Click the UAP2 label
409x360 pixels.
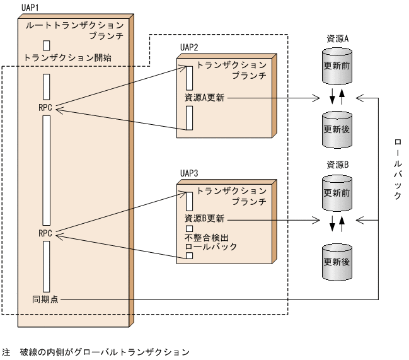click(x=188, y=47)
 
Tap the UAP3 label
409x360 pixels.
click(x=188, y=172)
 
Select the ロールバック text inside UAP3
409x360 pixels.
click(x=210, y=247)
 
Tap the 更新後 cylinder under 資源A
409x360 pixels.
click(x=337, y=129)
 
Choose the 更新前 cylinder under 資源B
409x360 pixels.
click(x=337, y=192)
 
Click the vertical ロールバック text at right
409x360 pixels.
click(x=396, y=168)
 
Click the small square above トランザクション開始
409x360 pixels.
click(x=47, y=45)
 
